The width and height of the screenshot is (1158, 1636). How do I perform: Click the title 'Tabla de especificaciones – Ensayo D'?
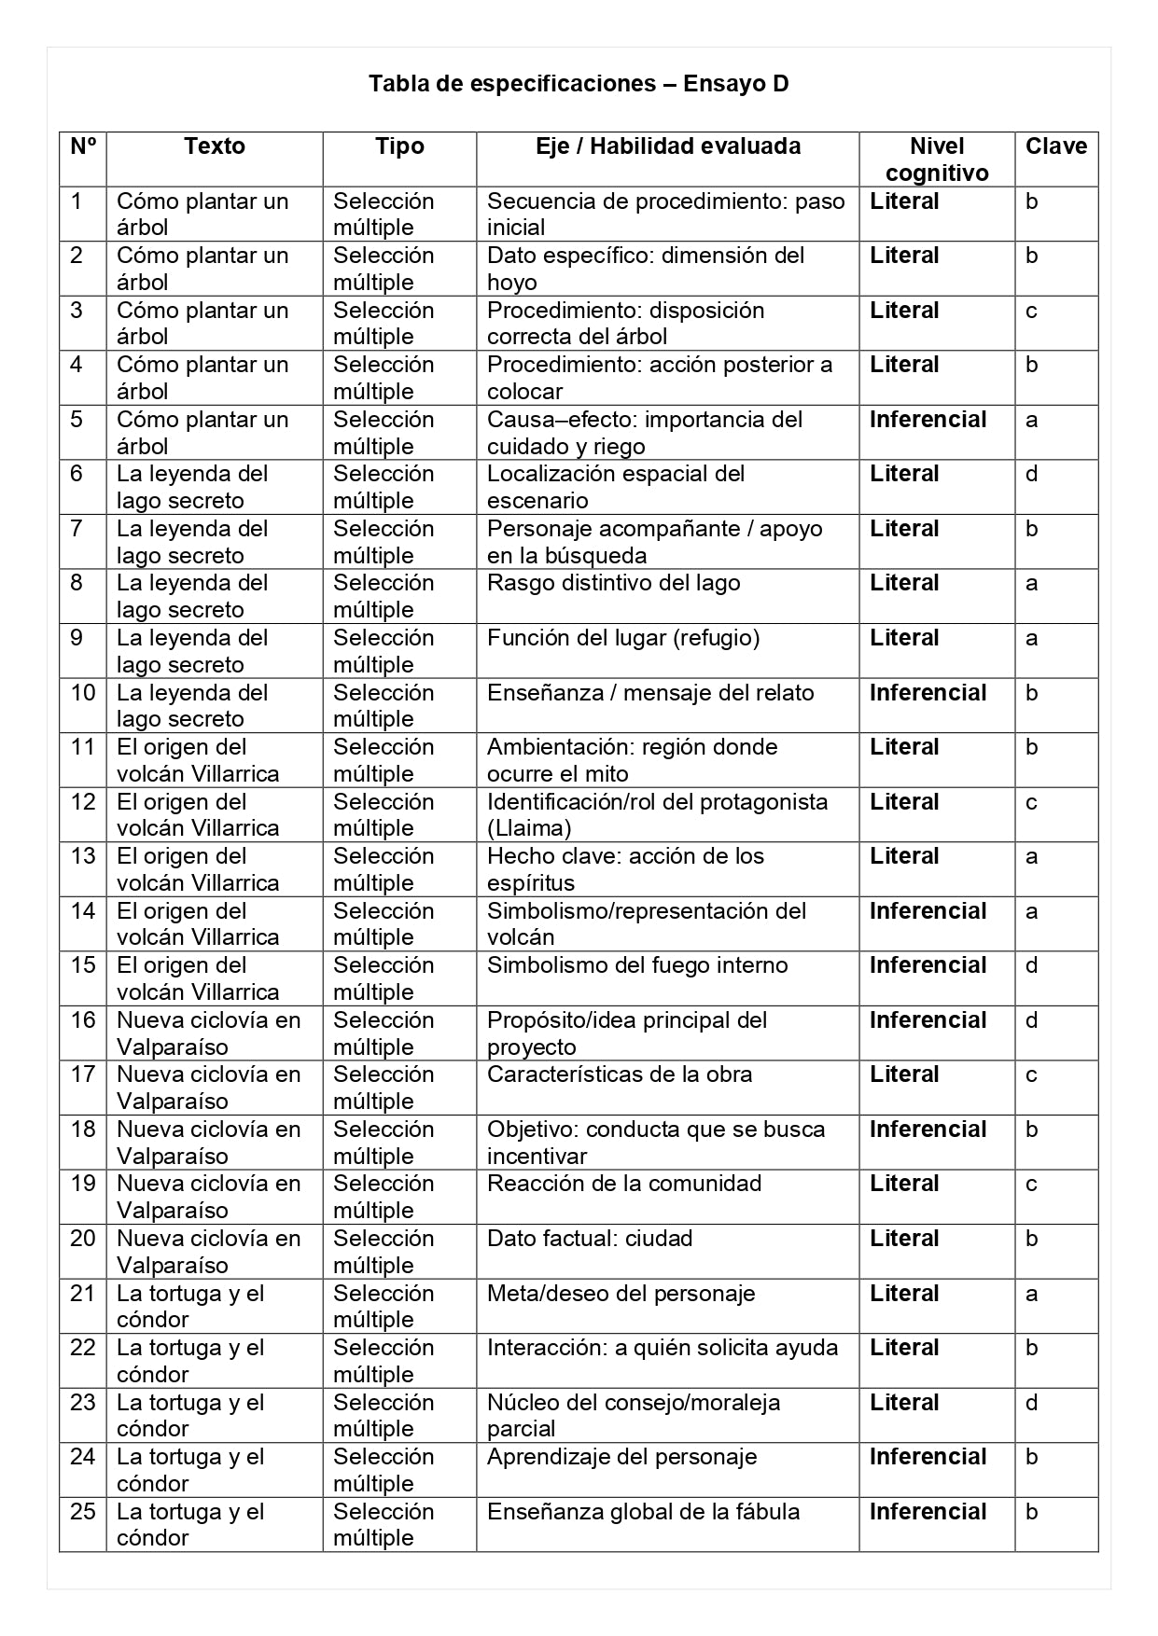[579, 84]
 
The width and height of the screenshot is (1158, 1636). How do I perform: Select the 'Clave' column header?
[1055, 146]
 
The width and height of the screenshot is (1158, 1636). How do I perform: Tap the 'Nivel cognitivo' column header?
[937, 159]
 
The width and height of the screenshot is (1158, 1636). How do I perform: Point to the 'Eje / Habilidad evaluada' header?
[667, 146]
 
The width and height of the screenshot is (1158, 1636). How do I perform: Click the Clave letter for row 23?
[1032, 1403]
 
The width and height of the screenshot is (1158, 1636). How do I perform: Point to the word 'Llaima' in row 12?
[528, 828]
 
